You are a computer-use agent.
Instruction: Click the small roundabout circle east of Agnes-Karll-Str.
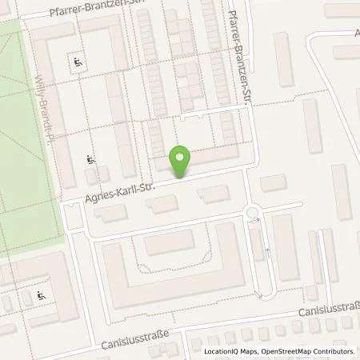click(x=253, y=213)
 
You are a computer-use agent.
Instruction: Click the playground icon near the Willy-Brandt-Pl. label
click(x=90, y=160)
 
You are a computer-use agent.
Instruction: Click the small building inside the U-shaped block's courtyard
click(x=170, y=244)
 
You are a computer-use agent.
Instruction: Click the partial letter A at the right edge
click(x=357, y=34)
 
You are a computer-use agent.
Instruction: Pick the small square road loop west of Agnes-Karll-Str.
click(x=73, y=214)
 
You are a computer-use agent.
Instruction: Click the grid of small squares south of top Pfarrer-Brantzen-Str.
click(x=185, y=60)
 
